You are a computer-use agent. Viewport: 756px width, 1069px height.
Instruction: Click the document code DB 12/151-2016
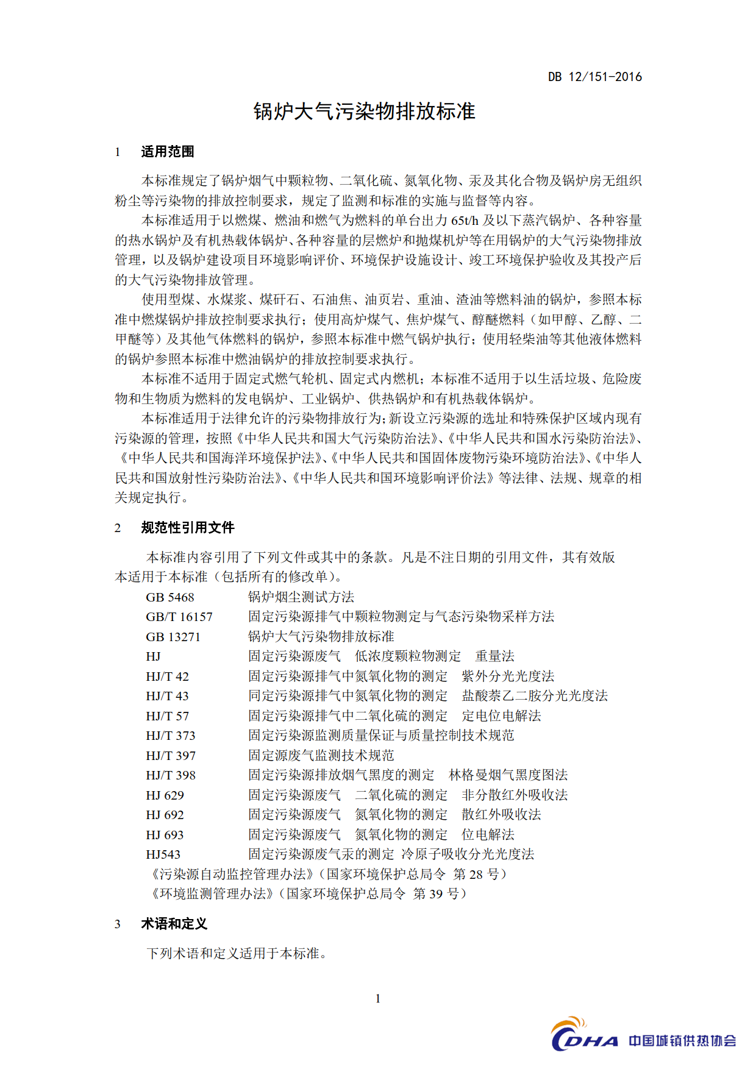pyautogui.click(x=594, y=77)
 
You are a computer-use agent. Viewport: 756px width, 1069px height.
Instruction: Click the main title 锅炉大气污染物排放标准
pyautogui.click(x=364, y=112)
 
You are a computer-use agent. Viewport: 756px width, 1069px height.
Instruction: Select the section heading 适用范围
pyautogui.click(x=168, y=152)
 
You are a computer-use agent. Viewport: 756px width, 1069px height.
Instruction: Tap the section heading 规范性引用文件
pyautogui.click(x=187, y=528)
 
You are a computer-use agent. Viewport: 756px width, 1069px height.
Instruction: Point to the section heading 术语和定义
pyautogui.click(x=174, y=924)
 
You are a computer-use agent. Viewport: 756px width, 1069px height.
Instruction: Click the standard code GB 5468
pyautogui.click(x=169, y=597)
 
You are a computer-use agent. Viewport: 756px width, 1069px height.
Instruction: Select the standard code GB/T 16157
pyautogui.click(x=179, y=617)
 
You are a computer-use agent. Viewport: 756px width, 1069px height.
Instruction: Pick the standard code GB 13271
pyautogui.click(x=173, y=637)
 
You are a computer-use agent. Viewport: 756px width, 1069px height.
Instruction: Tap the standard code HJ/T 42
pyautogui.click(x=167, y=677)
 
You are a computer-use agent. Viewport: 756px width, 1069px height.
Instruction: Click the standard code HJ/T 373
pyautogui.click(x=170, y=736)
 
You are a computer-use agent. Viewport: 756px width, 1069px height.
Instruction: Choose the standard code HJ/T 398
pyautogui.click(x=170, y=775)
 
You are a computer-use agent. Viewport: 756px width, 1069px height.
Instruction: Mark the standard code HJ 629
pyautogui.click(x=165, y=795)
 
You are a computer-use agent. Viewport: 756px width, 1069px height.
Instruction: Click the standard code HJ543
pyautogui.click(x=163, y=854)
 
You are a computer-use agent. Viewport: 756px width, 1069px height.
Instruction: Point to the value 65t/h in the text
pyautogui.click(x=465, y=221)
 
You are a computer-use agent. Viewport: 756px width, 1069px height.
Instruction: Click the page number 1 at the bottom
pyautogui.click(x=378, y=998)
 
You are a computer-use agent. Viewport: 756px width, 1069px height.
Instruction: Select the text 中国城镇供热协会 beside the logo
pyautogui.click(x=682, y=1040)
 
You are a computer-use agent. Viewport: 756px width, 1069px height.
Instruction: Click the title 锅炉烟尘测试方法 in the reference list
pyautogui.click(x=301, y=597)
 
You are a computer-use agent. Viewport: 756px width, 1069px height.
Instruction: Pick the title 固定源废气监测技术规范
pyautogui.click(x=321, y=756)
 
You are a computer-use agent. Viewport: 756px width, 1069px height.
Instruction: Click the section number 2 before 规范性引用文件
pyautogui.click(x=118, y=528)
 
